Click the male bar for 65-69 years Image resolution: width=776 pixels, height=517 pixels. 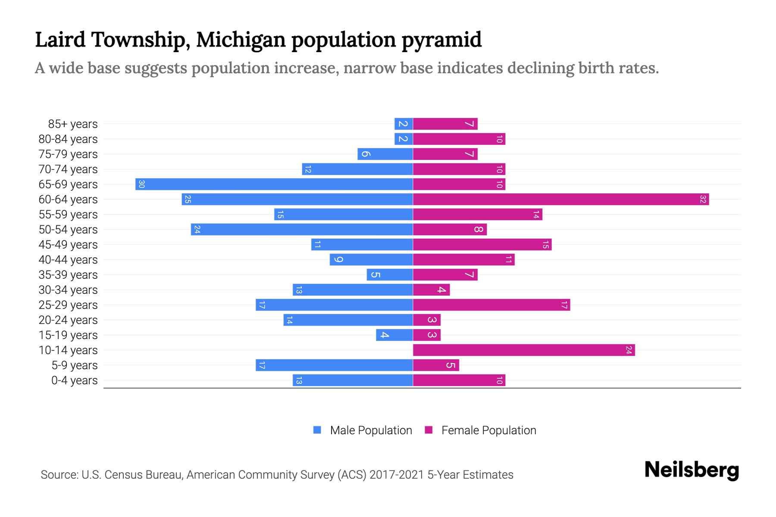pyautogui.click(x=274, y=184)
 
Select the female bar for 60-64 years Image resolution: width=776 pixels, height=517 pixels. pyautogui.click(x=560, y=199)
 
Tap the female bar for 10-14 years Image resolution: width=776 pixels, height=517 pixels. pyautogui.click(x=524, y=350)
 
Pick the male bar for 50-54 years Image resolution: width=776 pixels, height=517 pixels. pyautogui.click(x=302, y=230)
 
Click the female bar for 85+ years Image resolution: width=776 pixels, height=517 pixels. pyautogui.click(x=445, y=124)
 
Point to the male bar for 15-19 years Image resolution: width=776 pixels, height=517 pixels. pyautogui.click(x=394, y=335)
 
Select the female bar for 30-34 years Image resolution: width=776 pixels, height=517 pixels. pyautogui.click(x=431, y=290)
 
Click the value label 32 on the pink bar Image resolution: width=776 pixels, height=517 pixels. pyautogui.click(x=703, y=199)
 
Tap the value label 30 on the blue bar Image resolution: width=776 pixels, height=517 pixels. pyautogui.click(x=141, y=184)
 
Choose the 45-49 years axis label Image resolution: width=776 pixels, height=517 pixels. pyautogui.click(x=68, y=245)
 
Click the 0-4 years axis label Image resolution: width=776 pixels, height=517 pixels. pyautogui.click(x=74, y=380)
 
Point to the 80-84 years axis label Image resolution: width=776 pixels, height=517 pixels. pyautogui.click(x=68, y=139)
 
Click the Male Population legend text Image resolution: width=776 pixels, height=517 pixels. pyautogui.click(x=371, y=430)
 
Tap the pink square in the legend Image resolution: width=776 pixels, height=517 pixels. pyautogui.click(x=429, y=430)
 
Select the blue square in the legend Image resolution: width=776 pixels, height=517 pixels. pyautogui.click(x=317, y=430)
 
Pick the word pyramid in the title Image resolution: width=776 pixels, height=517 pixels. pyautogui.click(x=441, y=40)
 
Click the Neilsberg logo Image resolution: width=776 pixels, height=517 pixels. pyautogui.click(x=692, y=470)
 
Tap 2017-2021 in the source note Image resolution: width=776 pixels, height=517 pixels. pyautogui.click(x=397, y=475)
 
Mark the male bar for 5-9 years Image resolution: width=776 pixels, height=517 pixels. pyautogui.click(x=334, y=365)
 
